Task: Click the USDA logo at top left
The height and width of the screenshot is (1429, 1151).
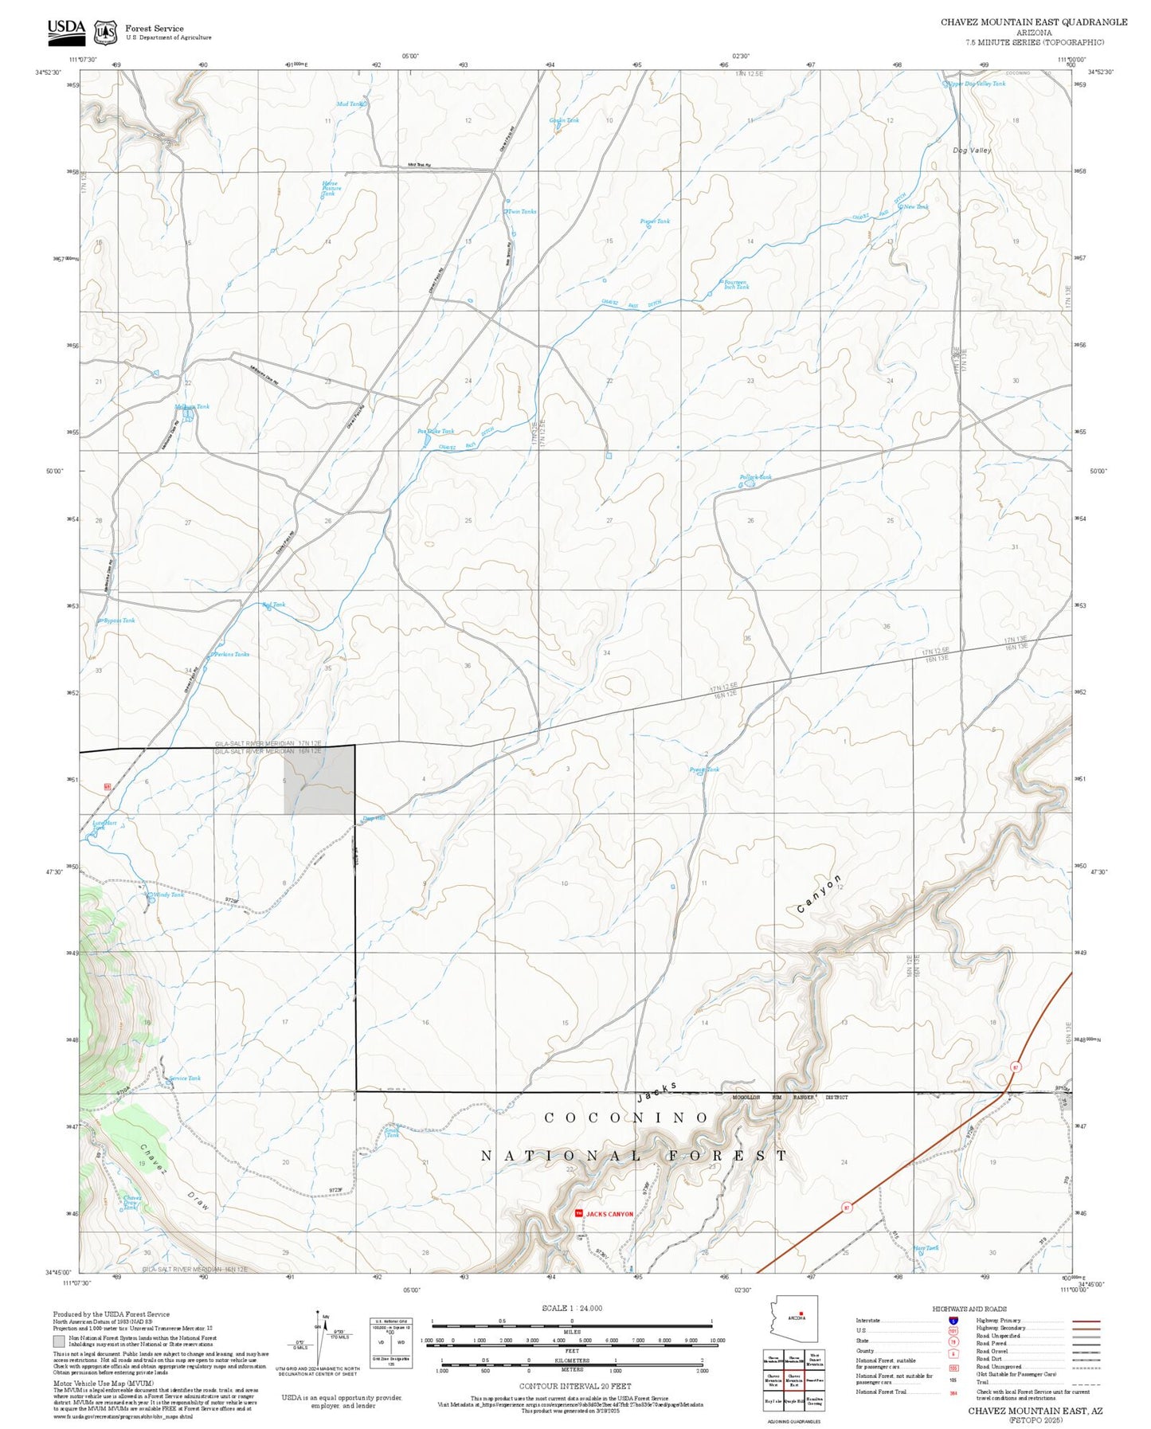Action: point(65,29)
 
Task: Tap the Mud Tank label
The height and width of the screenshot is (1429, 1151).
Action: point(350,104)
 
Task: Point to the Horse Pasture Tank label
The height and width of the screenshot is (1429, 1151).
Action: point(330,188)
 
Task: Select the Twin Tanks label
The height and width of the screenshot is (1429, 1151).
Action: point(523,211)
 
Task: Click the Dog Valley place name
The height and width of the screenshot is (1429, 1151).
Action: point(972,150)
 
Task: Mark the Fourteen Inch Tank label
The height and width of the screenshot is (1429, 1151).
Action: point(734,284)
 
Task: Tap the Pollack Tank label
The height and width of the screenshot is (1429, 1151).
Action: point(755,477)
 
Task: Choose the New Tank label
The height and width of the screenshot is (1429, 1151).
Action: point(916,207)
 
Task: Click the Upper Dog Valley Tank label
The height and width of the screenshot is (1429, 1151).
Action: point(977,83)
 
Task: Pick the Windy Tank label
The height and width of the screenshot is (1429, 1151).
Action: point(168,895)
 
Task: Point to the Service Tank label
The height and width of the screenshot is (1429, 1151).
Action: point(184,1078)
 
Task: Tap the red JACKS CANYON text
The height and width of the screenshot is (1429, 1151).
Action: point(609,1214)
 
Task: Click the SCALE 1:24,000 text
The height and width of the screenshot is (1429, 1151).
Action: point(571,1308)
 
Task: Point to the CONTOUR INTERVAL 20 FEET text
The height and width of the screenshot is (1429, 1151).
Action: point(571,1387)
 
